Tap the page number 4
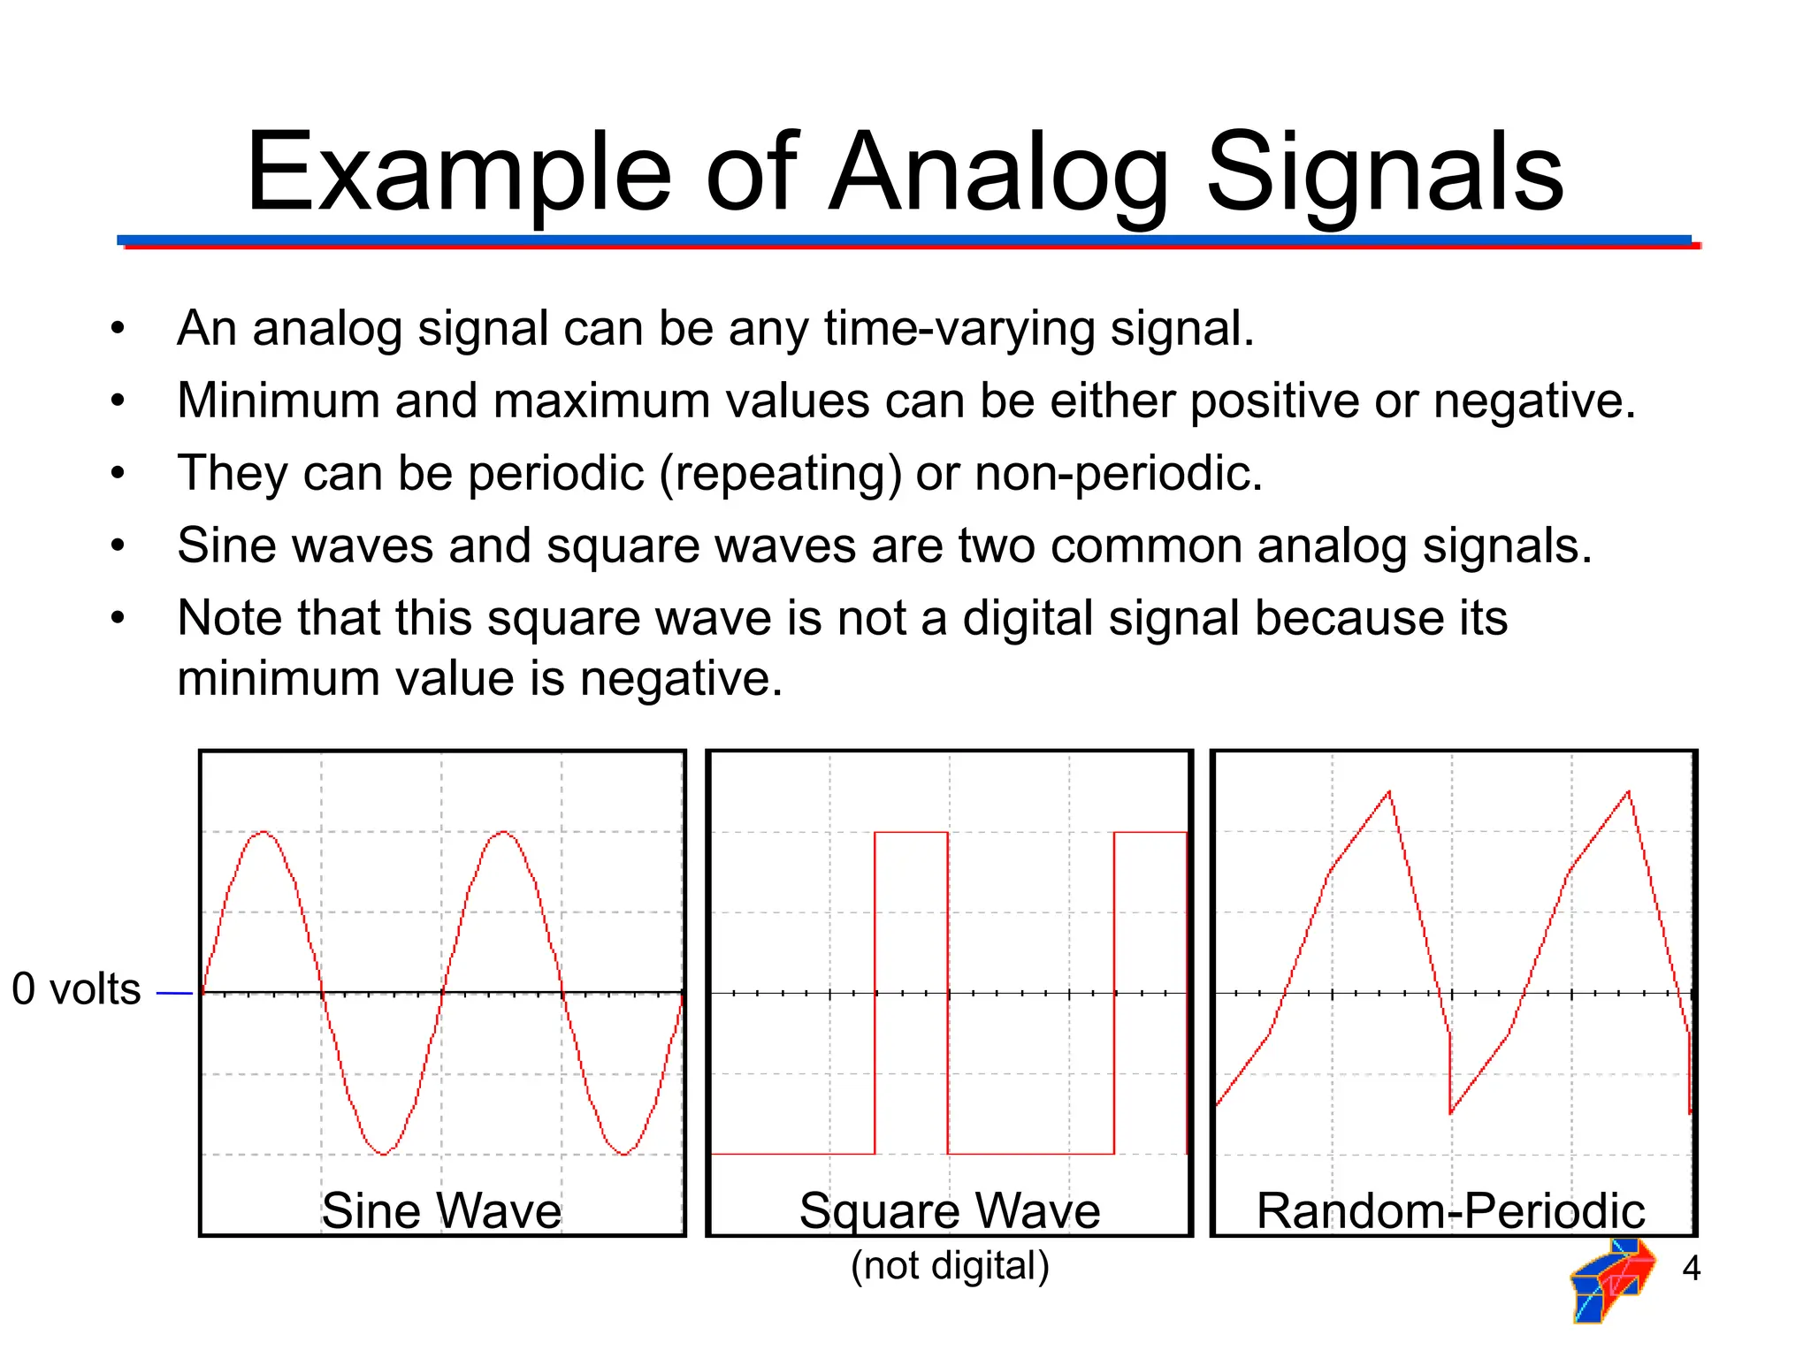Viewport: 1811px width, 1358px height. click(1691, 1269)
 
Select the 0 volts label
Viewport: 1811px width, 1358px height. click(76, 989)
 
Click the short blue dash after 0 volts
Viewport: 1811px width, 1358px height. click(174, 994)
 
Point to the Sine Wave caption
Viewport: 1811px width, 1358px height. click(441, 1210)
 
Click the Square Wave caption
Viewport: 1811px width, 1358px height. click(950, 1210)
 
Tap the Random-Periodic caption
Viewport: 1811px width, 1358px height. click(1450, 1210)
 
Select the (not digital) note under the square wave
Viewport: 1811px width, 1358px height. click(950, 1265)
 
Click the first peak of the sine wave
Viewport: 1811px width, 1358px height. click(264, 832)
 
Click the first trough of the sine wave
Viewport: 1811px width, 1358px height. click(384, 1154)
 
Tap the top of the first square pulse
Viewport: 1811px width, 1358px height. click(911, 832)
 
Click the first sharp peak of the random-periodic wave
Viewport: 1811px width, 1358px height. click(1389, 792)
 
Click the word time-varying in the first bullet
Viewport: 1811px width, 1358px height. click(959, 329)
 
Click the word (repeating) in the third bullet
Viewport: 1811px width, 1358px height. click(781, 474)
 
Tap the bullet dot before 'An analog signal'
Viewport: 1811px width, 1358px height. click(118, 329)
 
